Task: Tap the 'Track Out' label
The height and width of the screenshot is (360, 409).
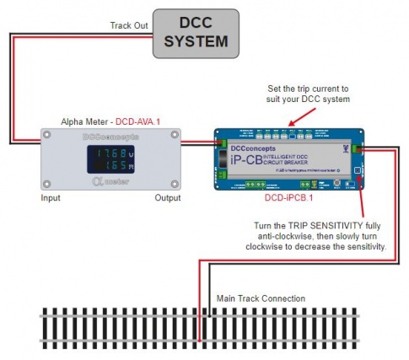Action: [129, 27]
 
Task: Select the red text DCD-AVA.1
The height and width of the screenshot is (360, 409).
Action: [139, 121]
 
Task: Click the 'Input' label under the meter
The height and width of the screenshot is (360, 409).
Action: [51, 198]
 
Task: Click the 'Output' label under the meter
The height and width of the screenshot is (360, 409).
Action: [165, 198]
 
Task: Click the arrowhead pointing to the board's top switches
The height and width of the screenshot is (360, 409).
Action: [290, 125]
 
